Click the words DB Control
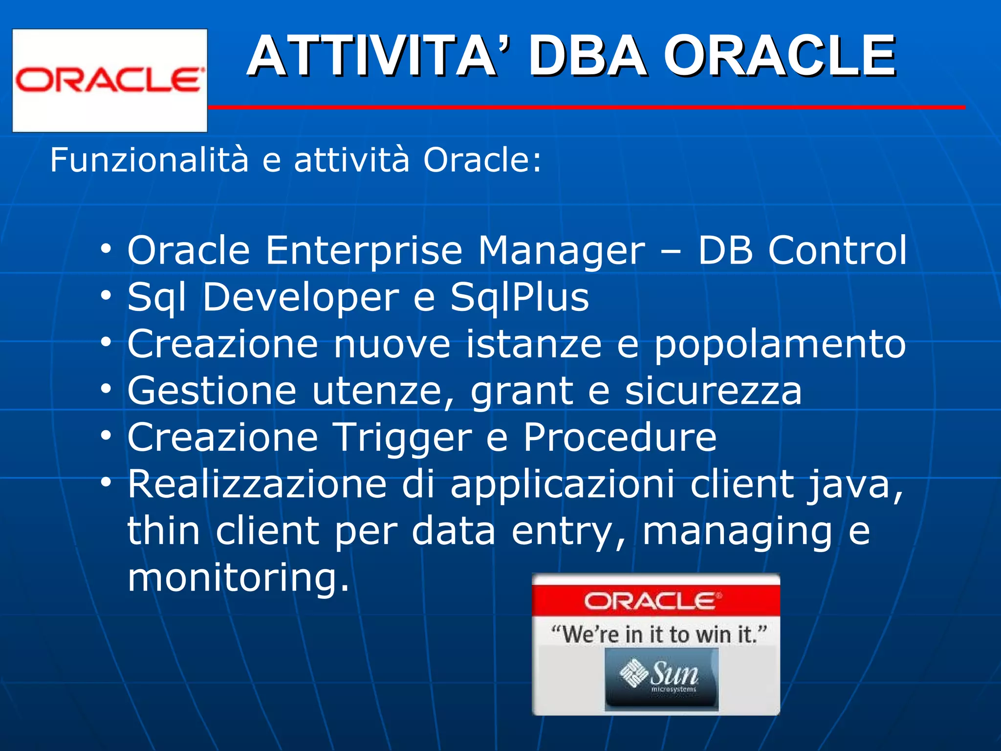(x=802, y=251)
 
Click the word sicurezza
(x=714, y=392)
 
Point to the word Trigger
(x=402, y=438)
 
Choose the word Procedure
(x=620, y=438)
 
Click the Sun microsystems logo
(x=661, y=679)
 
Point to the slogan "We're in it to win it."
(x=658, y=635)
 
